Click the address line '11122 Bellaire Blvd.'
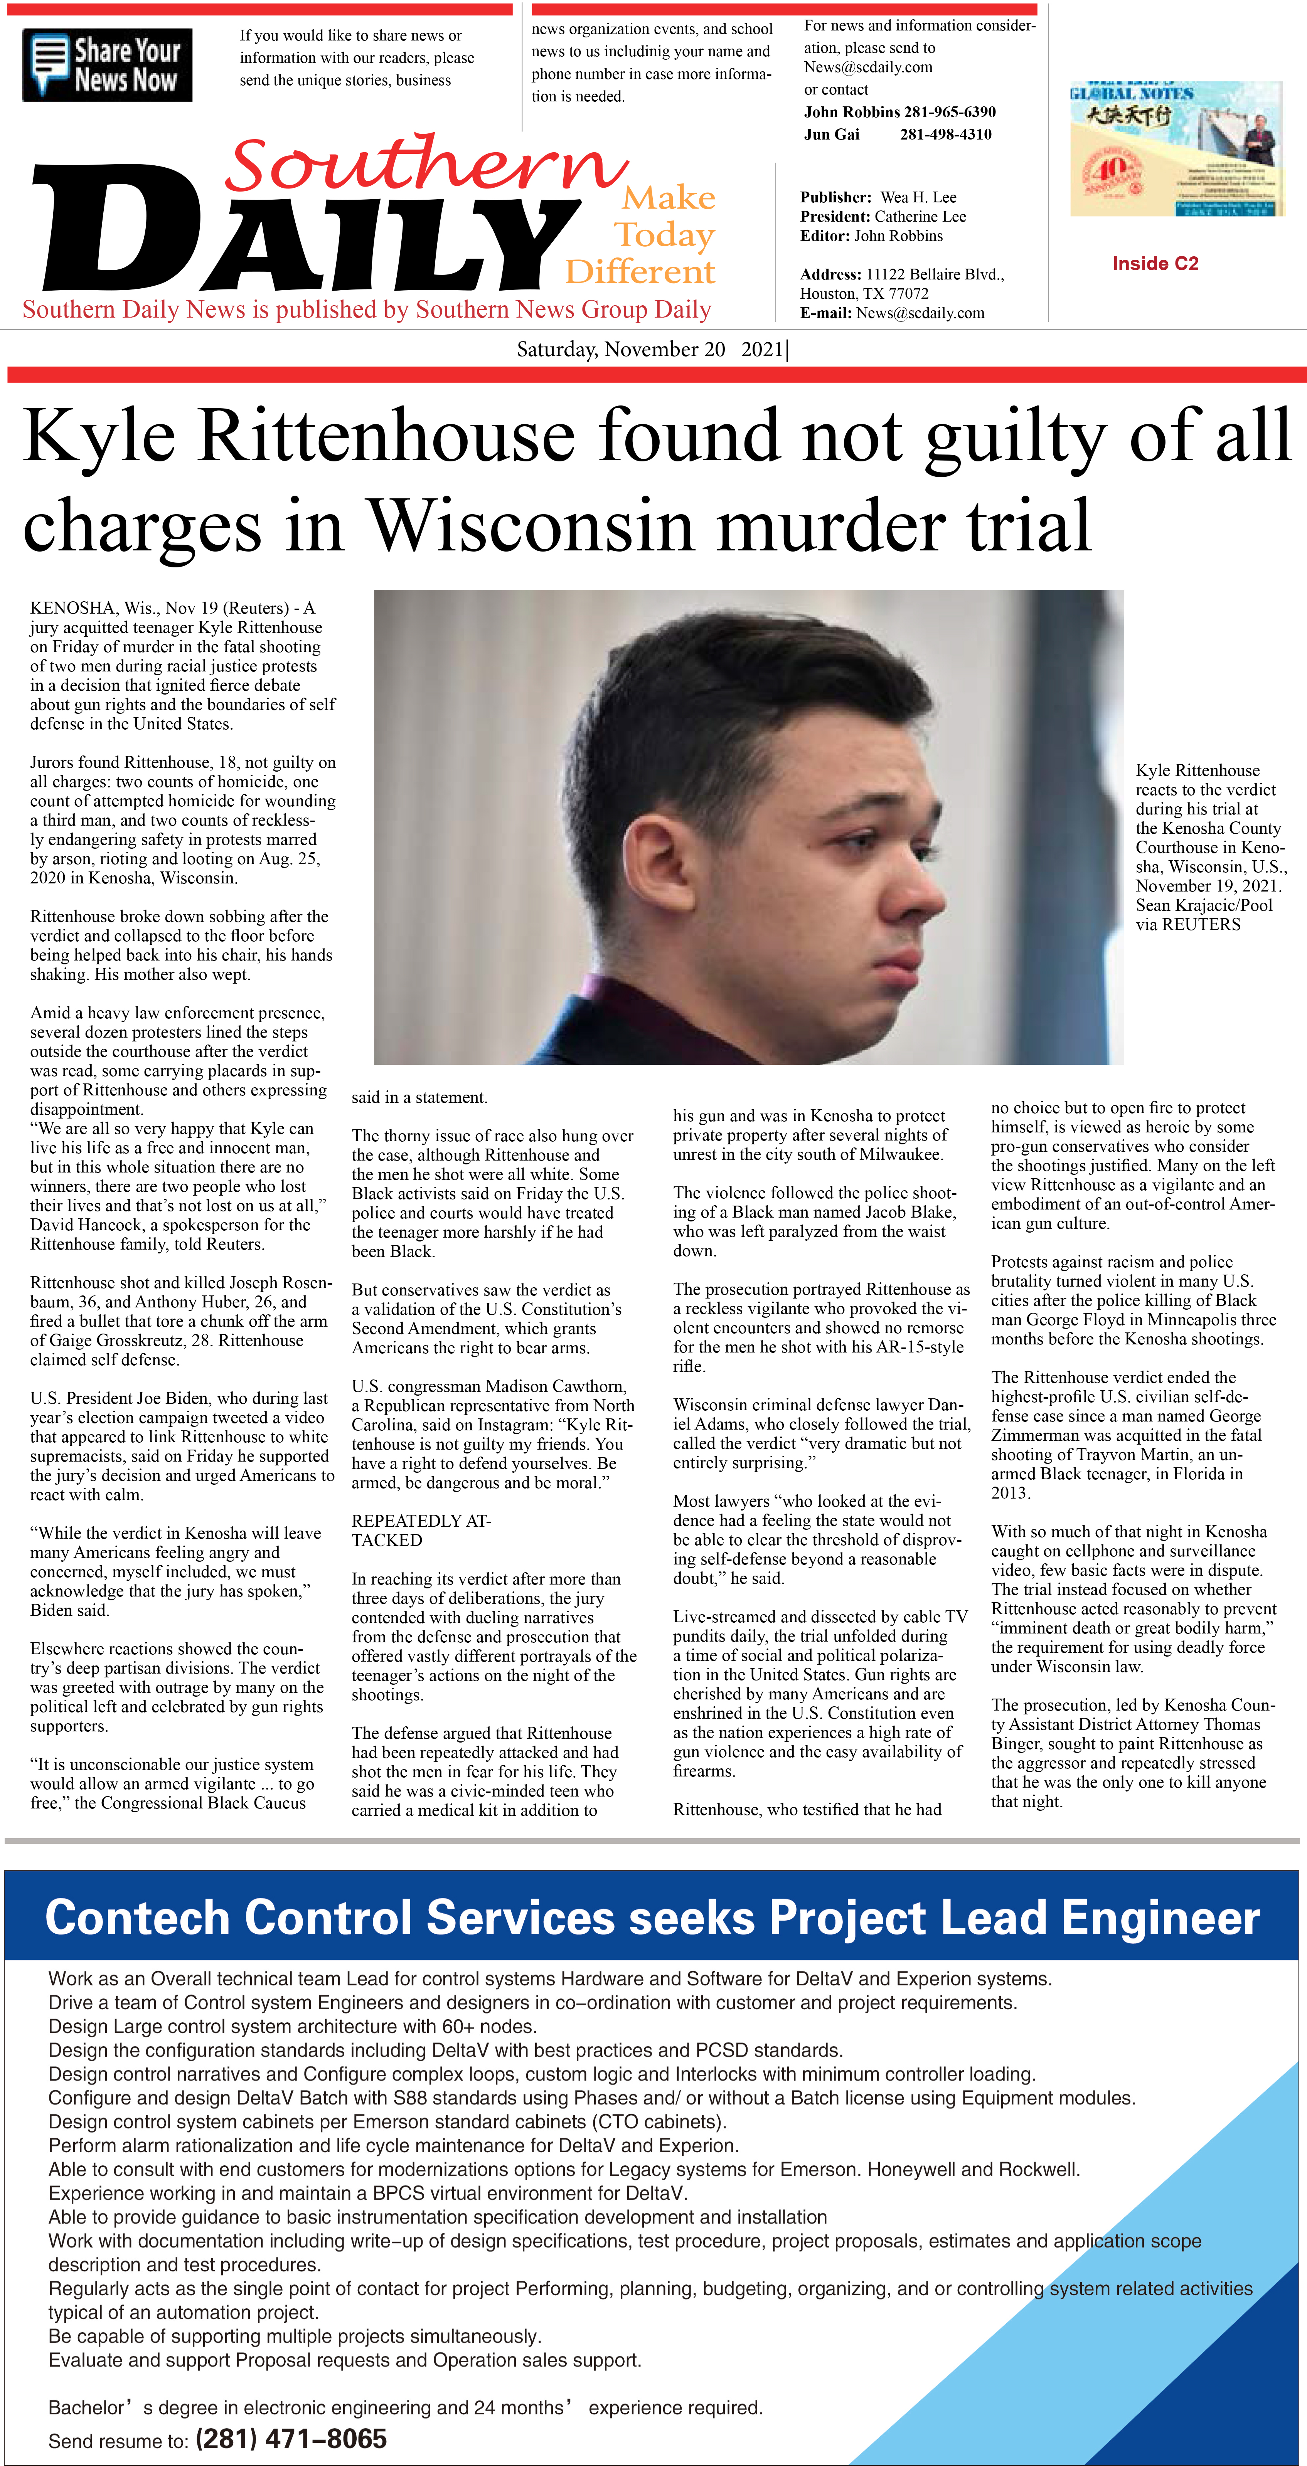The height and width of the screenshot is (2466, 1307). (935, 275)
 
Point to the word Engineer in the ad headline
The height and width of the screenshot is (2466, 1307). (1159, 1918)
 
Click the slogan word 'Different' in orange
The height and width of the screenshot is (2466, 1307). (640, 272)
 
